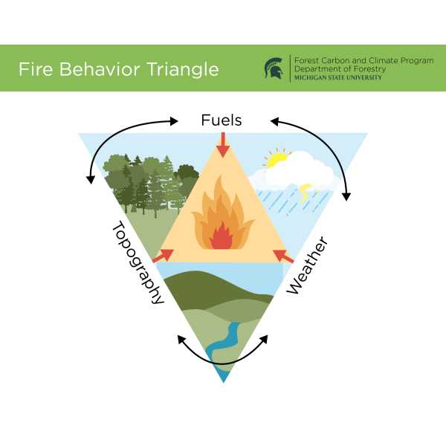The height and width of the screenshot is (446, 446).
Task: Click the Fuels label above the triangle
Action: [222, 120]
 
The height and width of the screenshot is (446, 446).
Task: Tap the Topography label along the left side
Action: [138, 262]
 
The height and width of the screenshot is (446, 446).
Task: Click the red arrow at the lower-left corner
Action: [163, 256]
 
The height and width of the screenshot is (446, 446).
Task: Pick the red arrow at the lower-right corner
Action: [282, 256]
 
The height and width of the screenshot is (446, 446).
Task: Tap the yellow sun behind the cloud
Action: [277, 158]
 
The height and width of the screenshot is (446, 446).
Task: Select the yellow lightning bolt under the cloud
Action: [306, 192]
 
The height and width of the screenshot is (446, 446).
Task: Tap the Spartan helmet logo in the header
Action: [274, 68]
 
